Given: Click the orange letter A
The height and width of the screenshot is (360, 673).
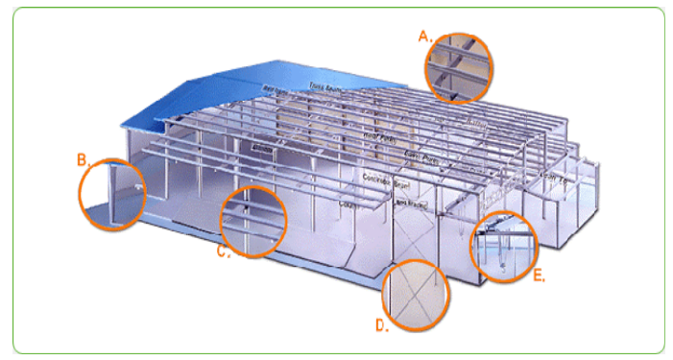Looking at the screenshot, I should pyautogui.click(x=422, y=36).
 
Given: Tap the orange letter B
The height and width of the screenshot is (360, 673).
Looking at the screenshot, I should pyautogui.click(x=83, y=160).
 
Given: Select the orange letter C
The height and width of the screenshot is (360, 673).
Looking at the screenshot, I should pyautogui.click(x=224, y=252).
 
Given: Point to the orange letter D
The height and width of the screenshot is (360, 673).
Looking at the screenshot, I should pyautogui.click(x=381, y=324).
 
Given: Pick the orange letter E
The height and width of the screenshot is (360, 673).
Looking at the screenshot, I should pyautogui.click(x=539, y=276).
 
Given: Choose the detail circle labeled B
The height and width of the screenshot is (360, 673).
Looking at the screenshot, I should pyautogui.click(x=113, y=195).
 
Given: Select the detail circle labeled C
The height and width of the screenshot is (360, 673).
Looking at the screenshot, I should pyautogui.click(x=253, y=222).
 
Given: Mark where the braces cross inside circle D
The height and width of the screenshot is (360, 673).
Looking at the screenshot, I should pyautogui.click(x=415, y=297).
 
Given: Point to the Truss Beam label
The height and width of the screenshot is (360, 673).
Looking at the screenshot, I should pyautogui.click(x=326, y=87).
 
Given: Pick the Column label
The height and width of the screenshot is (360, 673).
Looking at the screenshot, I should pyautogui.click(x=347, y=204).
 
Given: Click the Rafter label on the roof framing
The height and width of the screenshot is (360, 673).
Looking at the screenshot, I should pyautogui.click(x=277, y=89).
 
